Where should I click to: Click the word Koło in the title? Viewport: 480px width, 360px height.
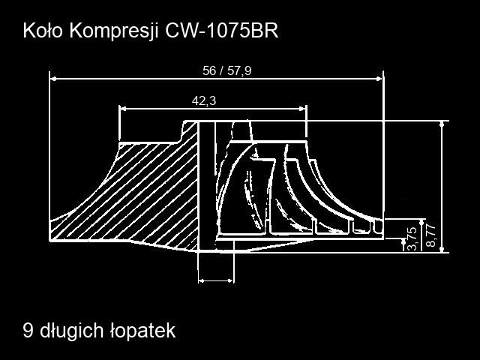click(x=43, y=31)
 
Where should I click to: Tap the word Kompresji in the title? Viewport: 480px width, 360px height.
click(x=114, y=31)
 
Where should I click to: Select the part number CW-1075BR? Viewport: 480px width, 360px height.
click(x=222, y=31)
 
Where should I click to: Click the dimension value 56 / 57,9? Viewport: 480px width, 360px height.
click(x=226, y=70)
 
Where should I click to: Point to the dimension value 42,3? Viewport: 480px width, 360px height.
click(x=204, y=100)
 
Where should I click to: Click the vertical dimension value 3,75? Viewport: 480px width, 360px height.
click(x=412, y=238)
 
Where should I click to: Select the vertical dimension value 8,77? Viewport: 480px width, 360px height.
click(x=430, y=235)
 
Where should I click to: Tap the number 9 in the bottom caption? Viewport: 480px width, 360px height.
click(x=28, y=331)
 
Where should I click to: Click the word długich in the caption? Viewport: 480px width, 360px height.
click(x=72, y=331)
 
